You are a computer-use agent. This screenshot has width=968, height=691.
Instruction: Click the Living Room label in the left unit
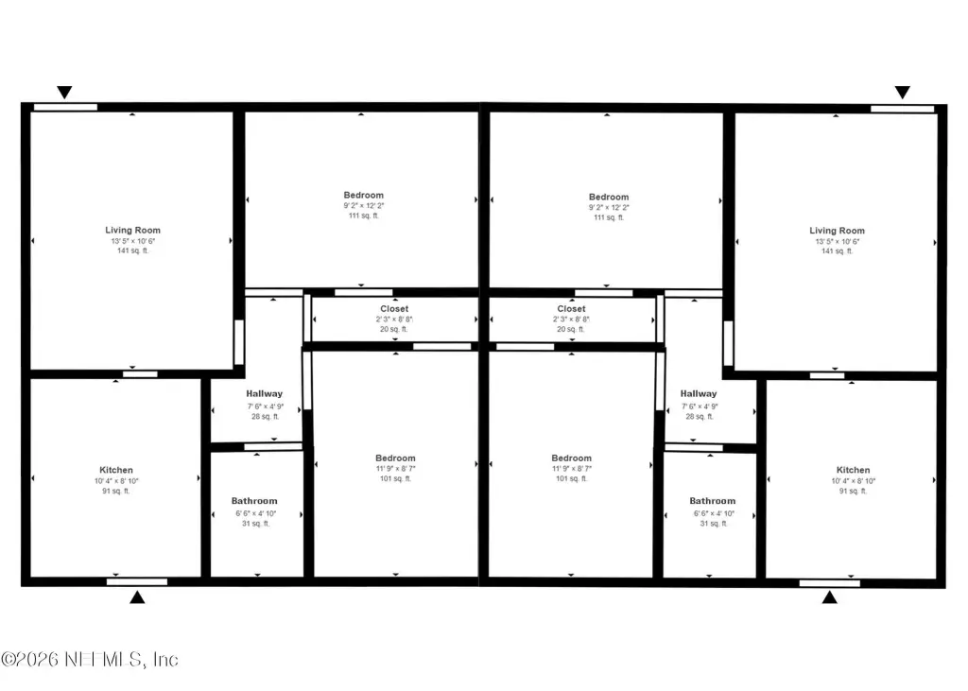tap(132, 231)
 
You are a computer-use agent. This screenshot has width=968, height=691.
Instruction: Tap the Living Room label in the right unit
tap(838, 231)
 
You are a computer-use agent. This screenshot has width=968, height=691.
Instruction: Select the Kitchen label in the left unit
tap(116, 470)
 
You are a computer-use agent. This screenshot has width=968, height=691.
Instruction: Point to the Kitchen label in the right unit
tap(854, 470)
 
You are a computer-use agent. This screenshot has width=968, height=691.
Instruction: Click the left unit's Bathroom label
tap(254, 501)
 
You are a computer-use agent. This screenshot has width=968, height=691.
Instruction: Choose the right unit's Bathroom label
tap(713, 501)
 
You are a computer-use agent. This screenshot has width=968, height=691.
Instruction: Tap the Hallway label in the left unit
tap(265, 394)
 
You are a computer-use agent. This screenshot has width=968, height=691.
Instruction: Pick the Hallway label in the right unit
tap(699, 394)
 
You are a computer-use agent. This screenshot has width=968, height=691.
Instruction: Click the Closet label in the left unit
tap(394, 309)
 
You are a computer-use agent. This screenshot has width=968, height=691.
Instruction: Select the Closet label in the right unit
tap(571, 309)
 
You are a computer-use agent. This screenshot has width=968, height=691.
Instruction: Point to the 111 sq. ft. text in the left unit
tap(364, 216)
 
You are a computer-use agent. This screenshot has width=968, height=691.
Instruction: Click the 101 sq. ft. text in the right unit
tap(571, 478)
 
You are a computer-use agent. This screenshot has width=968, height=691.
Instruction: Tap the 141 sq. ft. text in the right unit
tap(838, 251)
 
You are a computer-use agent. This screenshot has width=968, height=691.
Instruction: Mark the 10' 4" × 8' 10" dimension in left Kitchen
tap(116, 481)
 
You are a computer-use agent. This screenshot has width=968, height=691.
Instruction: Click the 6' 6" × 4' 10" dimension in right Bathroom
tap(714, 514)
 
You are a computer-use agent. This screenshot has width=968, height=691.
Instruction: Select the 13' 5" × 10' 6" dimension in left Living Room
tap(132, 241)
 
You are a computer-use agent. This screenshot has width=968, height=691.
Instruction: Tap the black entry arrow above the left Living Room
tap(64, 92)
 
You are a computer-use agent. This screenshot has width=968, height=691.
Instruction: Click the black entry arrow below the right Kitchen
tap(830, 597)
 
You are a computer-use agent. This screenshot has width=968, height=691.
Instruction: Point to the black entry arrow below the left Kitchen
tap(137, 597)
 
